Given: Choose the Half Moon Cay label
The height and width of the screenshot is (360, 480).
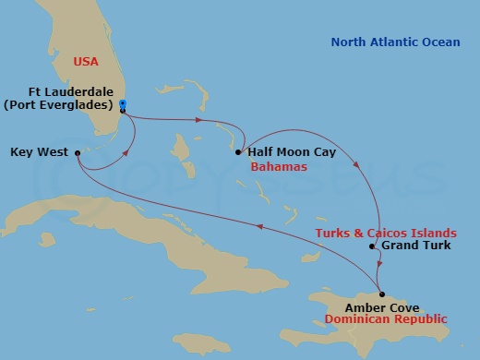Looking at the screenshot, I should pyautogui.click(x=292, y=151).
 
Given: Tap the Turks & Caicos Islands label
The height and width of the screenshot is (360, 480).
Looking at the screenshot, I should pyautogui.click(x=385, y=233).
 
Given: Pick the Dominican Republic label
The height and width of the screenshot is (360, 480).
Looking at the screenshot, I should pyautogui.click(x=386, y=319).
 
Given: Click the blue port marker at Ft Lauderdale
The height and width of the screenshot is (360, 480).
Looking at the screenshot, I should pyautogui.click(x=123, y=104).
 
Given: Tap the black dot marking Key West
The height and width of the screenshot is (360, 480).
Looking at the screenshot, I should pyautogui.click(x=77, y=152).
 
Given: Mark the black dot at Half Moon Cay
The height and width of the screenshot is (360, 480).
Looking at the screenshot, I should pyautogui.click(x=238, y=152).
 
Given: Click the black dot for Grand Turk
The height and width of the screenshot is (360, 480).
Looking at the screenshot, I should pyautogui.click(x=372, y=246).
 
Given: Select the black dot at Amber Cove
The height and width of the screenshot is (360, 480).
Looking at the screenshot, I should pyautogui.click(x=382, y=294).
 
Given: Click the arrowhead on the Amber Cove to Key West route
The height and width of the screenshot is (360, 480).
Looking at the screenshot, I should pyautogui.click(x=260, y=226).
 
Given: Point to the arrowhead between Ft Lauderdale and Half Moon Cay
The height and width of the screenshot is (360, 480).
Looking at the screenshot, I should pyautogui.click(x=198, y=121).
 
